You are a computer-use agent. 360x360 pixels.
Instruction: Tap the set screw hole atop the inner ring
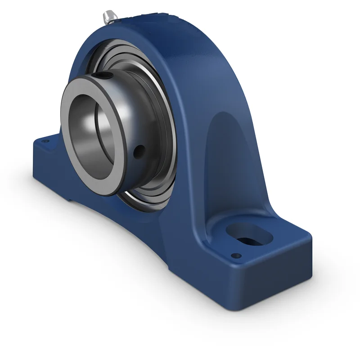[104, 76]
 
